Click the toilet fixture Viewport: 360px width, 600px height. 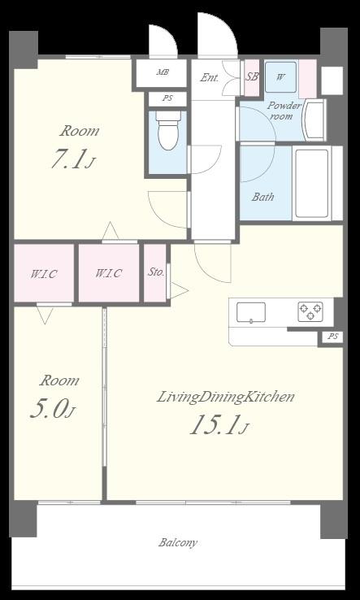tap(168, 130)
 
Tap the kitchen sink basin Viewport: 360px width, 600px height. tap(251, 312)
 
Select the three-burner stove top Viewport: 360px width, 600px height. tap(310, 311)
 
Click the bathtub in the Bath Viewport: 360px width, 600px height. tap(312, 183)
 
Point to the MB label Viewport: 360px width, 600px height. tap(163, 72)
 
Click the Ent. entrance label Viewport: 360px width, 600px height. tap(210, 78)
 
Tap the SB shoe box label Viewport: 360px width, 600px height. tap(252, 76)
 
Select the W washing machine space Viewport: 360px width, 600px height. tap(280, 77)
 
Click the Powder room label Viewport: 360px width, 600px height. tap(284, 111)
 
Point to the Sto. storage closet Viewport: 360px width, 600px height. tap(155, 273)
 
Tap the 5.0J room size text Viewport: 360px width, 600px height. tap(52, 410)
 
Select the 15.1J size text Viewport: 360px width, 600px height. tap(219, 425)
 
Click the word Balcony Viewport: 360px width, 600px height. tap(178, 542)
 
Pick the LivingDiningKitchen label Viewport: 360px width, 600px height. tap(225, 398)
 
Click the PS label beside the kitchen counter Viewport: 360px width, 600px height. tap(332, 337)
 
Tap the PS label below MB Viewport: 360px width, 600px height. tap(167, 98)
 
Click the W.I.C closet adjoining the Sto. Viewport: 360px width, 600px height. tap(109, 273)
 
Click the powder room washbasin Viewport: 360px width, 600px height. tap(314, 120)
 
